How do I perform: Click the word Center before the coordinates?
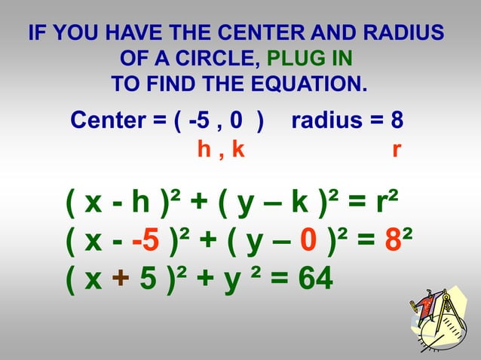point(116,121)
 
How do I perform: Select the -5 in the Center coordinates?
point(198,121)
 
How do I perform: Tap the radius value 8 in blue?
point(397,121)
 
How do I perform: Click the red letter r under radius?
point(396,149)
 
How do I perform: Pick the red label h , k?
point(221,149)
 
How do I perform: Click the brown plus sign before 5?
point(120,280)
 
